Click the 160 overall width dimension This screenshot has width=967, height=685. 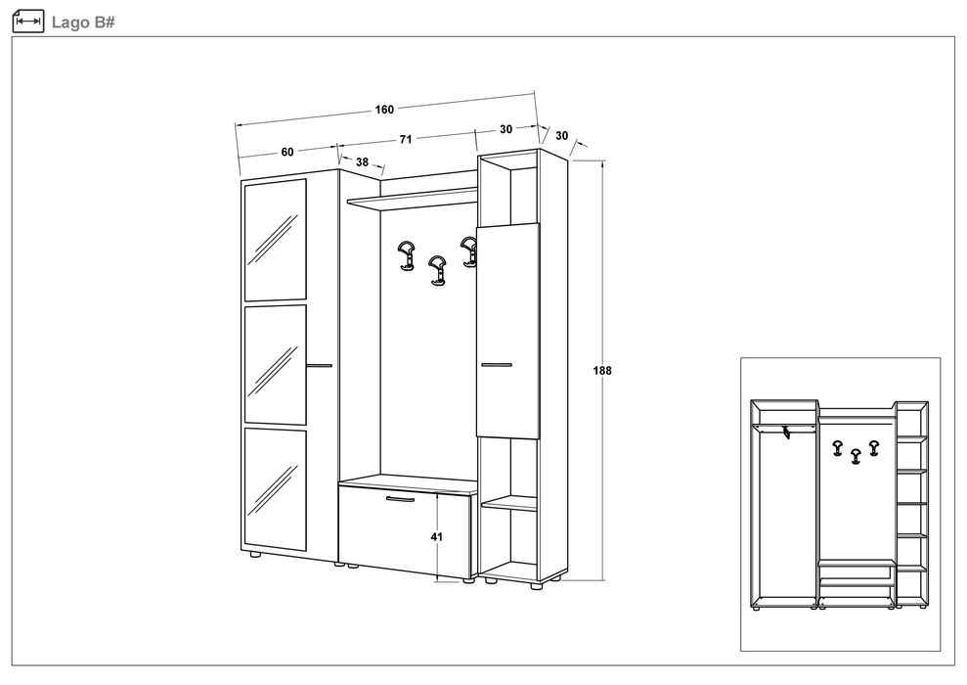[384, 110]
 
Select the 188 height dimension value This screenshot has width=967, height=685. [602, 370]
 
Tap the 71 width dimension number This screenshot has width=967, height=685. [405, 140]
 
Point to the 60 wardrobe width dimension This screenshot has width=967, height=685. [287, 152]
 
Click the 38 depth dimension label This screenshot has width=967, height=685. [362, 161]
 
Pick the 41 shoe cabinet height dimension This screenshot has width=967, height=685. [437, 537]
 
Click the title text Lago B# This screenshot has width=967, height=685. [83, 23]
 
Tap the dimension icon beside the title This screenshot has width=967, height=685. [28, 22]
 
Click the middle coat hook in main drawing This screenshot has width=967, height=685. [437, 271]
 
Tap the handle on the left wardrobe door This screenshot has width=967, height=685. [320, 365]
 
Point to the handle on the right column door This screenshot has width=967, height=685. [497, 365]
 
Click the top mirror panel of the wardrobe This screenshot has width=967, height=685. [276, 240]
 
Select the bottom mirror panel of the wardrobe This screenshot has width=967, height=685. [276, 489]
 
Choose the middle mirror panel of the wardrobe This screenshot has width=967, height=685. [276, 365]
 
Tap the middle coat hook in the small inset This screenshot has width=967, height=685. [855, 456]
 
